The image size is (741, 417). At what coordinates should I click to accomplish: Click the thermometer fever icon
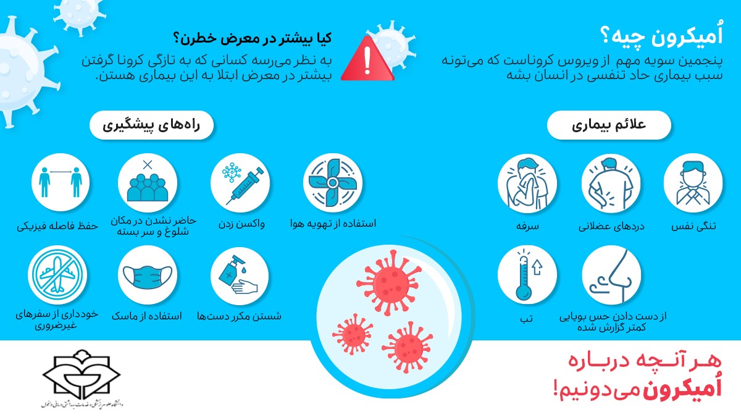[x=527, y=275]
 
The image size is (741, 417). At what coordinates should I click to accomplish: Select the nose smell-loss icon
[x=611, y=275]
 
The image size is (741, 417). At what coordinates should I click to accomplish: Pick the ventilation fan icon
[x=333, y=182]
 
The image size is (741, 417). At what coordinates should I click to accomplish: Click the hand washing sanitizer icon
[x=240, y=276]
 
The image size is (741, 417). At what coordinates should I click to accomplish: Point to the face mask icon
[x=147, y=276]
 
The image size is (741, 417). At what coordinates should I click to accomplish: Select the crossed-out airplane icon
[x=57, y=276]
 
